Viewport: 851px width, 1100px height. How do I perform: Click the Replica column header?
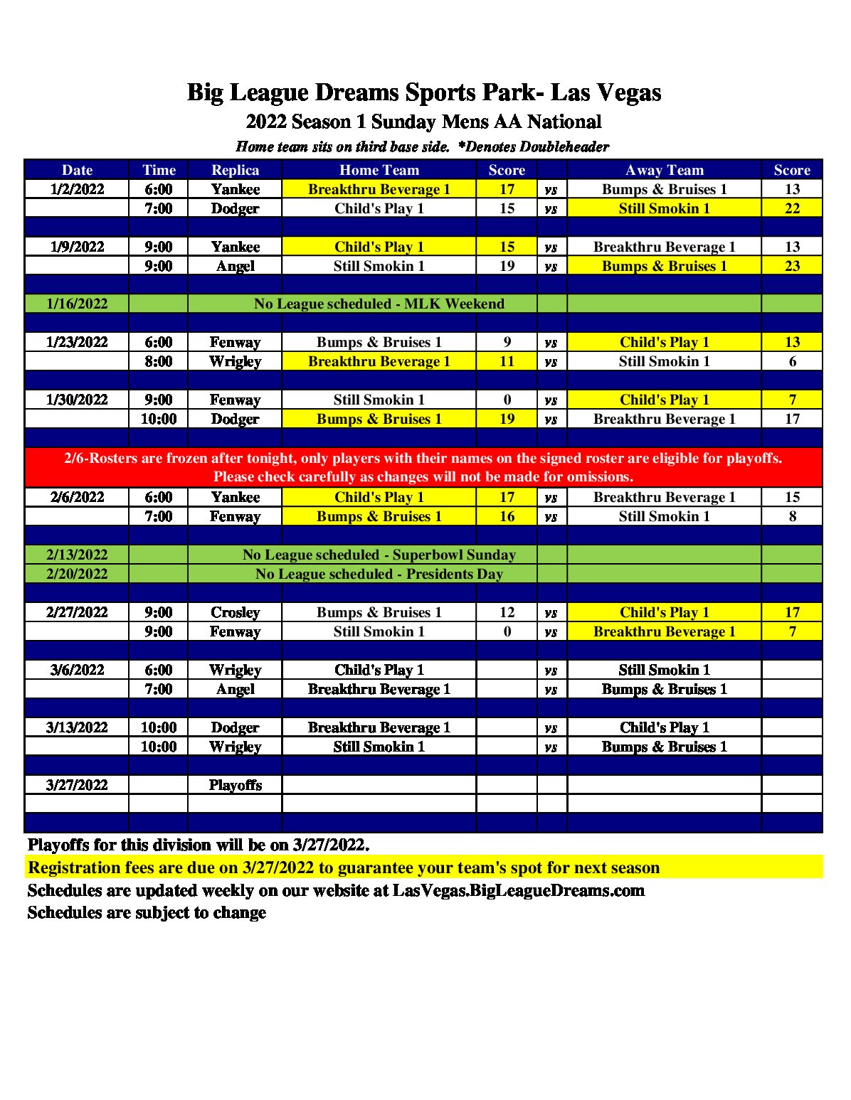[235, 170]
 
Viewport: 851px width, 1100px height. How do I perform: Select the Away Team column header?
[664, 170]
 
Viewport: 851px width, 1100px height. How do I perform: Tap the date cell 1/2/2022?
[77, 189]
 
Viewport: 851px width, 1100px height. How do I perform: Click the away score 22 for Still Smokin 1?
[792, 208]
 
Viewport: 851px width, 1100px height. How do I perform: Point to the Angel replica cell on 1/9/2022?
[235, 266]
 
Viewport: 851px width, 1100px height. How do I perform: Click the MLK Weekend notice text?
[379, 304]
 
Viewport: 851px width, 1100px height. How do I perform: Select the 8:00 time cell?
[158, 361]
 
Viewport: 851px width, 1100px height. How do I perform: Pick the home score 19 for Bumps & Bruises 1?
[507, 419]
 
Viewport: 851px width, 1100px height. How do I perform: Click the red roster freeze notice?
[423, 467]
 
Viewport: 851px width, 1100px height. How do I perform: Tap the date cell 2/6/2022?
[77, 497]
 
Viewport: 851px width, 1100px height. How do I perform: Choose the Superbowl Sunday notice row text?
[379, 555]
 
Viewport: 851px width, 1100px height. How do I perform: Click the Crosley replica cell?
[235, 612]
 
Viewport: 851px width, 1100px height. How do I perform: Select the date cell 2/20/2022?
[77, 574]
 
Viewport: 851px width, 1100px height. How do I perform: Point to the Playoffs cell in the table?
[235, 785]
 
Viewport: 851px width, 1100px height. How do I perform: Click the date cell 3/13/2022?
[77, 727]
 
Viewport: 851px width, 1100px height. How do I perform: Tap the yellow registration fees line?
[344, 867]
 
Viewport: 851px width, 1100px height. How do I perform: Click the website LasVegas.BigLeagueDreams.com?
[519, 890]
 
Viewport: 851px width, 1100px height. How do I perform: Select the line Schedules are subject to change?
[147, 912]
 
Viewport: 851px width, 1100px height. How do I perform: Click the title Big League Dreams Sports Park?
[424, 92]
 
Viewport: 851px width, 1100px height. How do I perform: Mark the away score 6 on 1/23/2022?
[792, 361]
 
